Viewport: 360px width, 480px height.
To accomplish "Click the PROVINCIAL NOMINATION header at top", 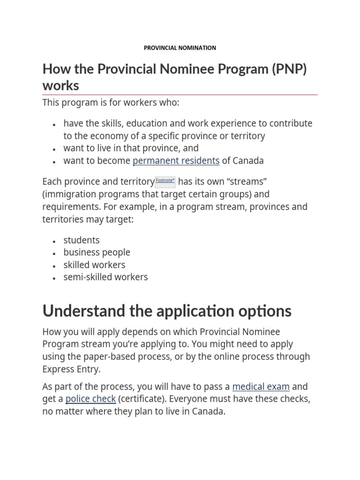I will (180, 48).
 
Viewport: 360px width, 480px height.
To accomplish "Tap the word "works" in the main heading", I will (60, 86).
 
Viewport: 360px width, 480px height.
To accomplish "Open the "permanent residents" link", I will (176, 161).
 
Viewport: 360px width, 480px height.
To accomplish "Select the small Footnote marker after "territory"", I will (165, 180).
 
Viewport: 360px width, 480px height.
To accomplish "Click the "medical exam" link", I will (261, 387).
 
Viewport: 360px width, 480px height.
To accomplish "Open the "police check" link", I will (90, 399).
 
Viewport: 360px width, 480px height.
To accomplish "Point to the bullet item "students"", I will (82, 240).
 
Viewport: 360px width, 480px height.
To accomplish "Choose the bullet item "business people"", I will (97, 252).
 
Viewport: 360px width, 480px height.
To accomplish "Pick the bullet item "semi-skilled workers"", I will (105, 277).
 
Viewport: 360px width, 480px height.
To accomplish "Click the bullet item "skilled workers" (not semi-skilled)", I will (94, 265).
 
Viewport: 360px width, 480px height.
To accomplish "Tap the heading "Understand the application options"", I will (167, 311).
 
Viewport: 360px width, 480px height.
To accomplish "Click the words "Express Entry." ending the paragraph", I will (71, 369).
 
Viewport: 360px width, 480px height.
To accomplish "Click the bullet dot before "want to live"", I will (55, 149).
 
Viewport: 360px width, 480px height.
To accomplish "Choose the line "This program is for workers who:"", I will (111, 103).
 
